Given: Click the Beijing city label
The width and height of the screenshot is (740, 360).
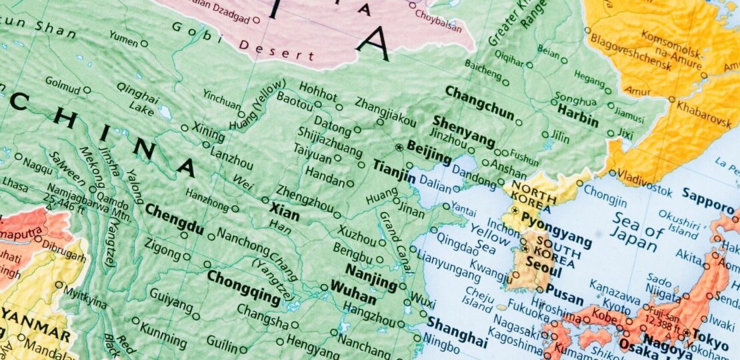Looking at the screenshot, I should click(x=429, y=152).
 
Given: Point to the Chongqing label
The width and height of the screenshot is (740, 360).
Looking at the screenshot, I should click(x=243, y=287).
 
